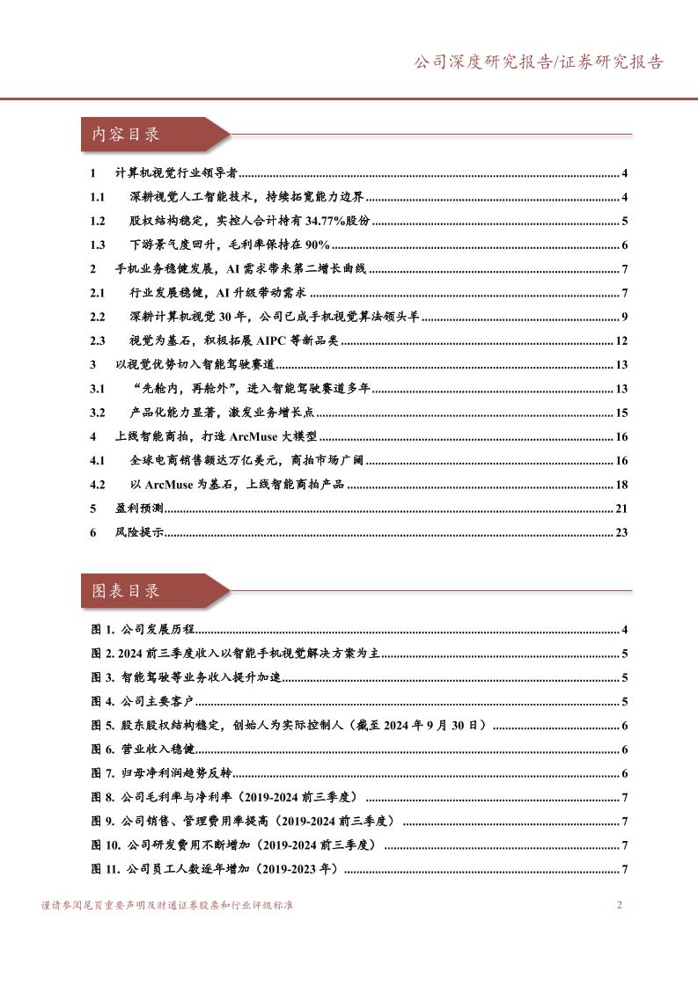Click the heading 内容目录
(x=126, y=135)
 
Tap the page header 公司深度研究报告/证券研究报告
(x=539, y=62)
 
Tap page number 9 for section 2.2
(x=623, y=318)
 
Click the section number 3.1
(x=98, y=389)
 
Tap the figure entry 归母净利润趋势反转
(x=173, y=774)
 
